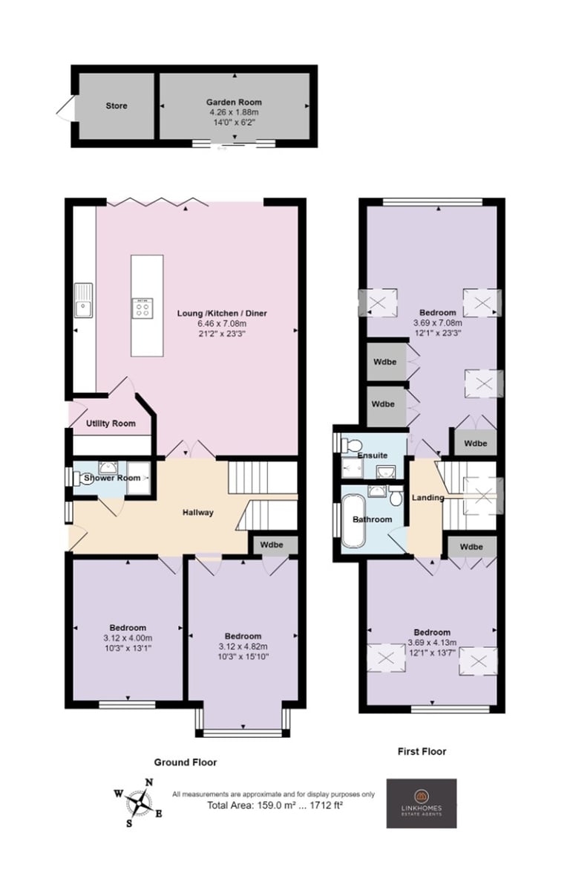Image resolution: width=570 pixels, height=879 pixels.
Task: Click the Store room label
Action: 117,106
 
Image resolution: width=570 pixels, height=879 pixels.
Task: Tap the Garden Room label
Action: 234,102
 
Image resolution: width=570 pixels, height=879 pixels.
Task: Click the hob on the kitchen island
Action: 142,308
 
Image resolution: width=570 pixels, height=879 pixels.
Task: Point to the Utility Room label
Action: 111,424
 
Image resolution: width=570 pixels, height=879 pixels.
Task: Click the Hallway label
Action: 197,512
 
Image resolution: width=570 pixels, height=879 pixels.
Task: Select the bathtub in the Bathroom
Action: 353,521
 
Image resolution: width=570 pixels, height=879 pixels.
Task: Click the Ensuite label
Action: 373,455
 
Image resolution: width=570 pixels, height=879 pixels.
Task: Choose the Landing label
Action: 427,497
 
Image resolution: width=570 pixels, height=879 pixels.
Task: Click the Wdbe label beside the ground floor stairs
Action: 272,545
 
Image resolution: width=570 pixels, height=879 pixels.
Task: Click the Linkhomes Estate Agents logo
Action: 421,802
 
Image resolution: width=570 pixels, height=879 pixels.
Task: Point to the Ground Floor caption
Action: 186,762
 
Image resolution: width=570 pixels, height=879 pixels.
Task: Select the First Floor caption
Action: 422,751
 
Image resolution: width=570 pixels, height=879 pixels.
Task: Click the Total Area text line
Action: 275,805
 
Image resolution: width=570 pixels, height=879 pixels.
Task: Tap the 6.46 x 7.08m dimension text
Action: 222,323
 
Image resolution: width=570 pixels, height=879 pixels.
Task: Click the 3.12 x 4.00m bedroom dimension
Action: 128,638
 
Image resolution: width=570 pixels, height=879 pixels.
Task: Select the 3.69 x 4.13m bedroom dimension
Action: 432,643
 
